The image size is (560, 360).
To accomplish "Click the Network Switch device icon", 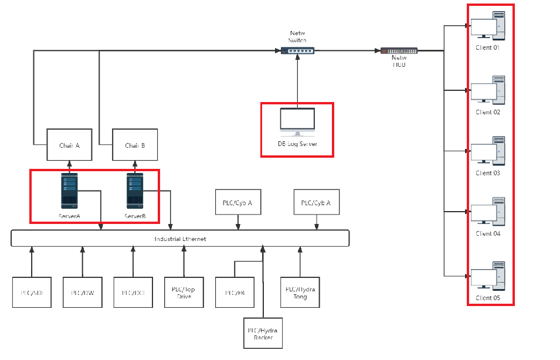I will point(297,51).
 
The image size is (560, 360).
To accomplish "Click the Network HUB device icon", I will point(399,51).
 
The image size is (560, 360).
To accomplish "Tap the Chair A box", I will point(69,145).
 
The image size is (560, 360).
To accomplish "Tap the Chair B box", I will point(135,145).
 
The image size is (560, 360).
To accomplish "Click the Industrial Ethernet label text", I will point(180,239).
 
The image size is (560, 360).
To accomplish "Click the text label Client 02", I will point(487,112).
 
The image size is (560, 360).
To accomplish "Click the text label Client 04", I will point(487,233).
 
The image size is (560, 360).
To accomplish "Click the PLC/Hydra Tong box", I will point(300,292).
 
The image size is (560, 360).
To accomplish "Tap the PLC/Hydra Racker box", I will point(263,333).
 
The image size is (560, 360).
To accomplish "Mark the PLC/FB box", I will point(234,292).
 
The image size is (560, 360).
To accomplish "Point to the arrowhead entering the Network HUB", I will point(378,51).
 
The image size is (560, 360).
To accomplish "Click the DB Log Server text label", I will point(297,144).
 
